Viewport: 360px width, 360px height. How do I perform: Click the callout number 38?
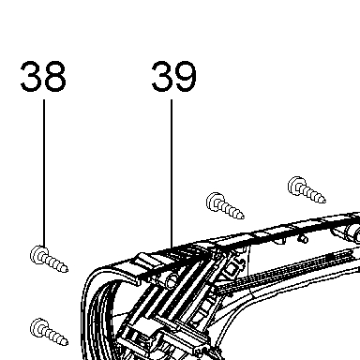click(43, 76)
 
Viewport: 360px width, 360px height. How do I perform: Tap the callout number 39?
click(174, 76)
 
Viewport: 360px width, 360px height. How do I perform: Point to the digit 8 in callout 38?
click(55, 76)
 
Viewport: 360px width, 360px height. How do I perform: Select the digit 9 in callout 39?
click(186, 76)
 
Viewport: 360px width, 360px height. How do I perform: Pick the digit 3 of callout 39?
click(161, 76)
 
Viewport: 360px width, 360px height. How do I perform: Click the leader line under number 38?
click(44, 173)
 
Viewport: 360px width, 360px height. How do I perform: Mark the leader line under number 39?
click(172, 174)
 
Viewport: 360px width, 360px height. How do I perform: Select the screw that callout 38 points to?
click(49, 260)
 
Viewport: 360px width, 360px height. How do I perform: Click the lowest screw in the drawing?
click(49, 332)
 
